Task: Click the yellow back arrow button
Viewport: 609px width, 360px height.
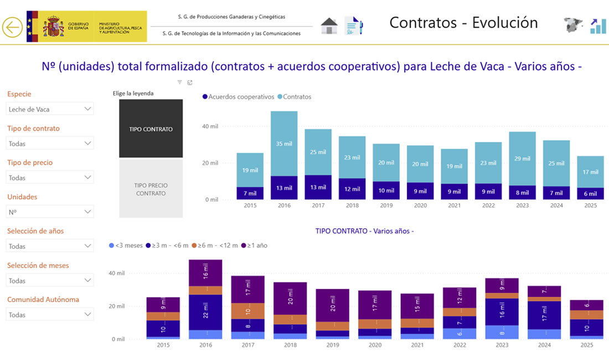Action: pyautogui.click(x=12, y=27)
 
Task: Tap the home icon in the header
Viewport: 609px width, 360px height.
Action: pyautogui.click(x=329, y=26)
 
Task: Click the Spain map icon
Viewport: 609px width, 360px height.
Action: pyautogui.click(x=573, y=25)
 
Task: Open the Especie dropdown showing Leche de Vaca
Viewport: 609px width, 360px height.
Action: pyautogui.click(x=50, y=109)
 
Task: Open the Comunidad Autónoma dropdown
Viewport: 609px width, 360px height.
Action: pyautogui.click(x=50, y=315)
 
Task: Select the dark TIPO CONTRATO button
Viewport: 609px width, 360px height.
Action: pyautogui.click(x=151, y=129)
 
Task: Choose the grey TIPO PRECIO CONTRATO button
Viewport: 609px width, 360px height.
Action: pyautogui.click(x=151, y=189)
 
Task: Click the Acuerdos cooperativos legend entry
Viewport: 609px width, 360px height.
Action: pyautogui.click(x=239, y=97)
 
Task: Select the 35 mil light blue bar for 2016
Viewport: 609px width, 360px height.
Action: pyautogui.click(x=284, y=143)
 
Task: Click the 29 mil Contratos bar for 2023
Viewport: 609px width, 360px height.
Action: pyautogui.click(x=523, y=158)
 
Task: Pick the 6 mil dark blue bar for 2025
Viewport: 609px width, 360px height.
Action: pyautogui.click(x=590, y=193)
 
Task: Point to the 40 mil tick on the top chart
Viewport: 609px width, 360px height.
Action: pyautogui.click(x=210, y=126)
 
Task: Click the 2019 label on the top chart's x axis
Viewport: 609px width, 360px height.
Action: pyautogui.click(x=386, y=205)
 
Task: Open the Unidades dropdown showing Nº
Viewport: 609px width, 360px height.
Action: pyautogui.click(x=50, y=212)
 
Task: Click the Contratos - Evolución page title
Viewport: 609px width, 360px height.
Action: pyautogui.click(x=463, y=23)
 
